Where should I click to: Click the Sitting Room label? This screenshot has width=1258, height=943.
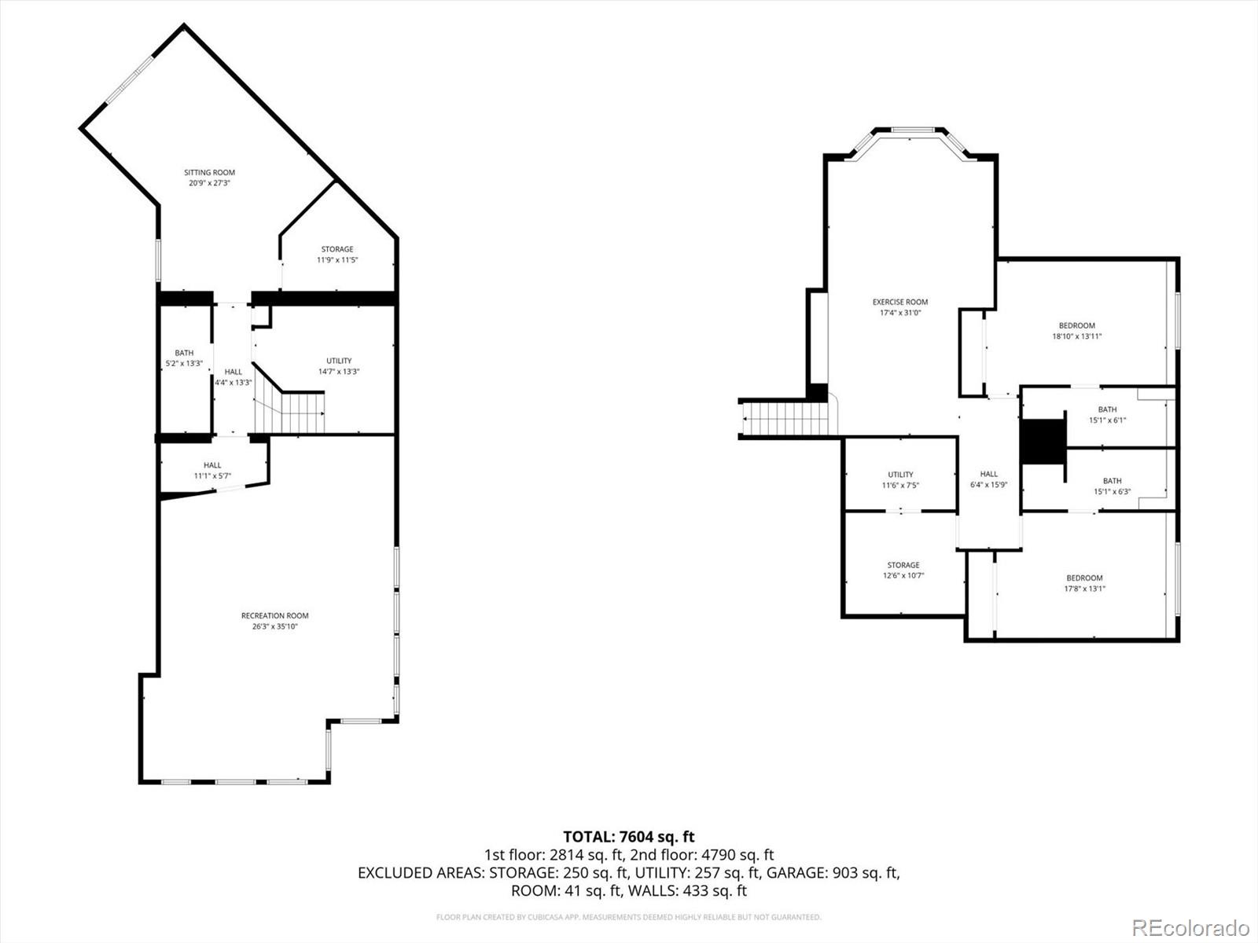[209, 172]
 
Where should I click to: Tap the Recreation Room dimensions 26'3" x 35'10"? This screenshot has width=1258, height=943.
[274, 626]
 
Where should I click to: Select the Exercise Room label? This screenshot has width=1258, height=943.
[899, 302]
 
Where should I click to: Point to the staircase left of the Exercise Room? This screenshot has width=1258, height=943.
[784, 418]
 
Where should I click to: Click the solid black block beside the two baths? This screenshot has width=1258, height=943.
[1041, 442]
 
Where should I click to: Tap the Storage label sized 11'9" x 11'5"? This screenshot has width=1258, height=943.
[337, 249]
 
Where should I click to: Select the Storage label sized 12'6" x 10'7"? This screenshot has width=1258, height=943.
[903, 565]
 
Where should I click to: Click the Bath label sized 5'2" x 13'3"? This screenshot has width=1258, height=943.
[184, 353]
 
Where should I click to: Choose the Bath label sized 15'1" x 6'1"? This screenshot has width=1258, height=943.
[1107, 409]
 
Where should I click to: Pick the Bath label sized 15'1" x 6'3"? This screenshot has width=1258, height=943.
[1112, 481]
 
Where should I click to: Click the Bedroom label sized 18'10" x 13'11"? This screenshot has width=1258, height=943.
[1076, 325]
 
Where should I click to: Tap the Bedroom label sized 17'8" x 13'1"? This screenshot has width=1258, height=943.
[1084, 578]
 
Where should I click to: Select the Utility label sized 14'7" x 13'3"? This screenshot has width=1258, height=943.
[339, 361]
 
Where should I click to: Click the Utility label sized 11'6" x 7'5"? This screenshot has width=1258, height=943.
[900, 475]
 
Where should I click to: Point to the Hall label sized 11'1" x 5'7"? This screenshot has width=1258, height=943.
[212, 465]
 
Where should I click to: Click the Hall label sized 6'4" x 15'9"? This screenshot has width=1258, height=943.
[988, 474]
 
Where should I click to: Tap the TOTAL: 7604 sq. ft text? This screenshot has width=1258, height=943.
[628, 837]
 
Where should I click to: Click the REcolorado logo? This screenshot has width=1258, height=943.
[1190, 927]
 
